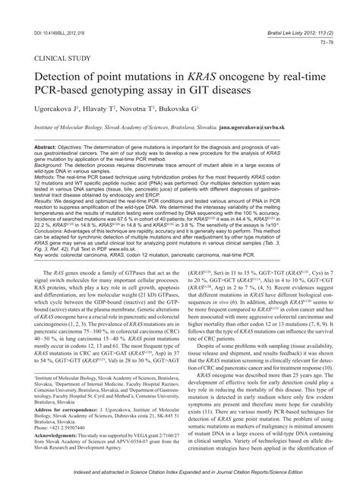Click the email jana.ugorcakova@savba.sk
coord(256,129)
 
